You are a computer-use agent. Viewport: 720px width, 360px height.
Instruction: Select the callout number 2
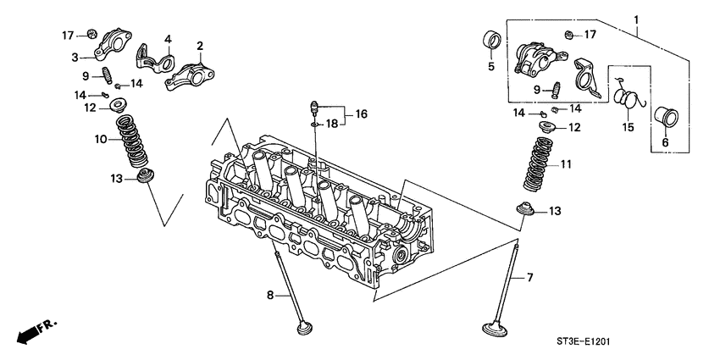click(201, 46)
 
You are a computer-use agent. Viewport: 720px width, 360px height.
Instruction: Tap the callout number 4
click(168, 39)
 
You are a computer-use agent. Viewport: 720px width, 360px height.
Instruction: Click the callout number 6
click(665, 143)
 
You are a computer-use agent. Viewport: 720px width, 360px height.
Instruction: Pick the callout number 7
click(530, 277)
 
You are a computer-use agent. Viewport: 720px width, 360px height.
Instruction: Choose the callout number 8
click(270, 296)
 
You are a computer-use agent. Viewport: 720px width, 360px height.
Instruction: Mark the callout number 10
click(100, 139)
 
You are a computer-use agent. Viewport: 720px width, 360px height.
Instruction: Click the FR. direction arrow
click(31, 330)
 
